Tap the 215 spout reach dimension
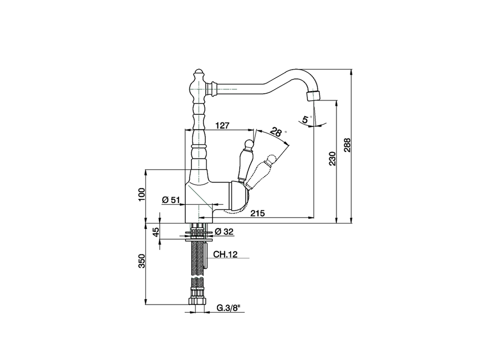(x=258, y=213)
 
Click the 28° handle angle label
(x=276, y=132)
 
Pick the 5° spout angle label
(x=306, y=120)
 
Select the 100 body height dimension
(x=141, y=195)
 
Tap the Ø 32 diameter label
(x=224, y=232)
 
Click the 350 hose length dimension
(x=141, y=261)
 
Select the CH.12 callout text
(x=225, y=255)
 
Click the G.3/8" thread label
(x=228, y=308)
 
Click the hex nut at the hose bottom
(x=196, y=301)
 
